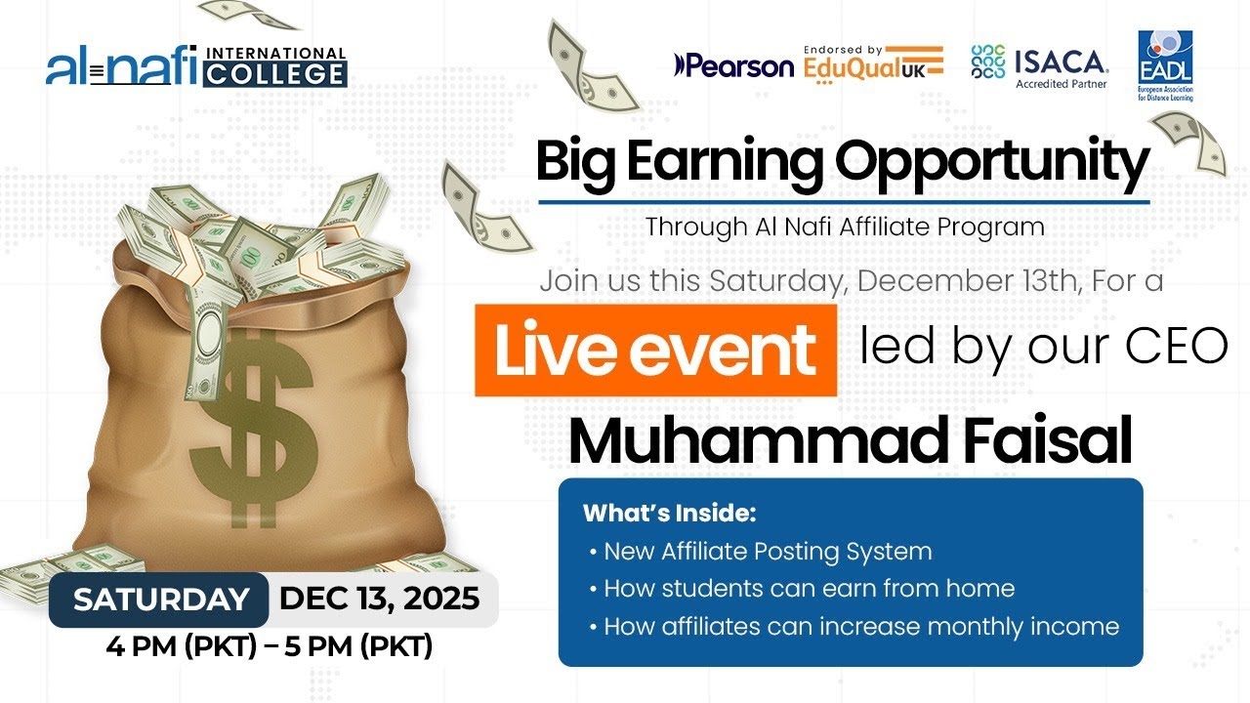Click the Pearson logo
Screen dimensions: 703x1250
[733, 65]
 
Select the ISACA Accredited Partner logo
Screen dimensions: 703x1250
[1040, 64]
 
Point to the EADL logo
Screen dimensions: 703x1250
[1165, 65]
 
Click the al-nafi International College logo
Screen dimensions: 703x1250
[196, 65]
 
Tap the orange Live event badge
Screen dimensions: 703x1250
[655, 351]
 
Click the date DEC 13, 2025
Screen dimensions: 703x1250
[380, 599]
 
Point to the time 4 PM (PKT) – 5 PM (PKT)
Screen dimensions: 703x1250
[270, 645]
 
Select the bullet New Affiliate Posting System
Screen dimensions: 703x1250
[767, 552]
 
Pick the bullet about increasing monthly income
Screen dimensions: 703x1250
[860, 626]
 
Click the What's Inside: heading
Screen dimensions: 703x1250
[670, 513]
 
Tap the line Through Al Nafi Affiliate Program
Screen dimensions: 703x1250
[845, 227]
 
